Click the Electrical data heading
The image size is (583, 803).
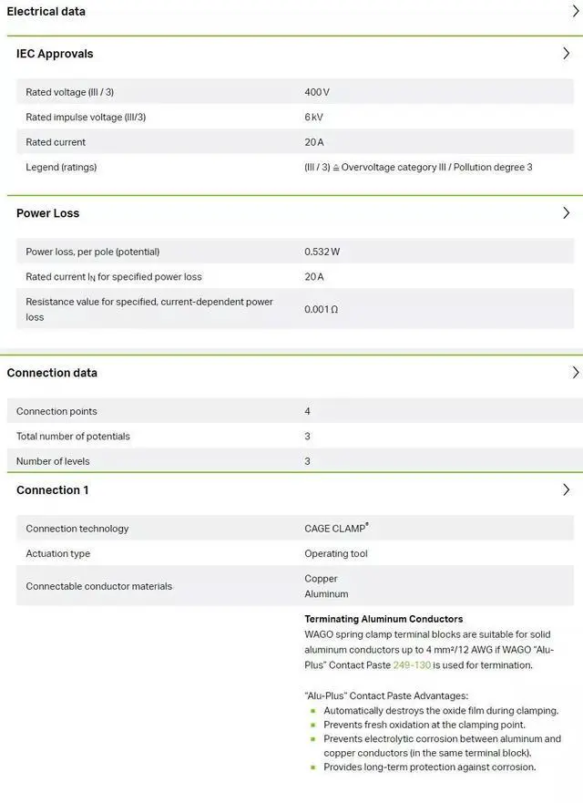[46, 12]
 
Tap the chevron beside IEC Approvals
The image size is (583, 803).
[566, 54]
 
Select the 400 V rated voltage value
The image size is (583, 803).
[317, 92]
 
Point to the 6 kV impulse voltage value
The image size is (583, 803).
[313, 118]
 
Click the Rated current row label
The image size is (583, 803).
[56, 142]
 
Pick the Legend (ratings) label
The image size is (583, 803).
[61, 168]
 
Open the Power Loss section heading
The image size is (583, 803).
[48, 213]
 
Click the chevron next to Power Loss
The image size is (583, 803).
[566, 213]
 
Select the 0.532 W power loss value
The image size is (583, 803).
[322, 252]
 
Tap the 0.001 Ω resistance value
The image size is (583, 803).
[321, 310]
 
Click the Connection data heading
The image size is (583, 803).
[52, 373]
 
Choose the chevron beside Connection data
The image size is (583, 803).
[575, 373]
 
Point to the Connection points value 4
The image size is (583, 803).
[307, 412]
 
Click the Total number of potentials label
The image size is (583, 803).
[73, 437]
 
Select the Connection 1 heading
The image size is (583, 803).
[53, 490]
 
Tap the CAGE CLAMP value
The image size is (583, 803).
[336, 529]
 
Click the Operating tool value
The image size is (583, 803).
[336, 554]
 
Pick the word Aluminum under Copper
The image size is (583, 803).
[326, 594]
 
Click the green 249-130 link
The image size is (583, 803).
[412, 665]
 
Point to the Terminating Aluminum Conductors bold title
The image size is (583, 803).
[384, 619]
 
